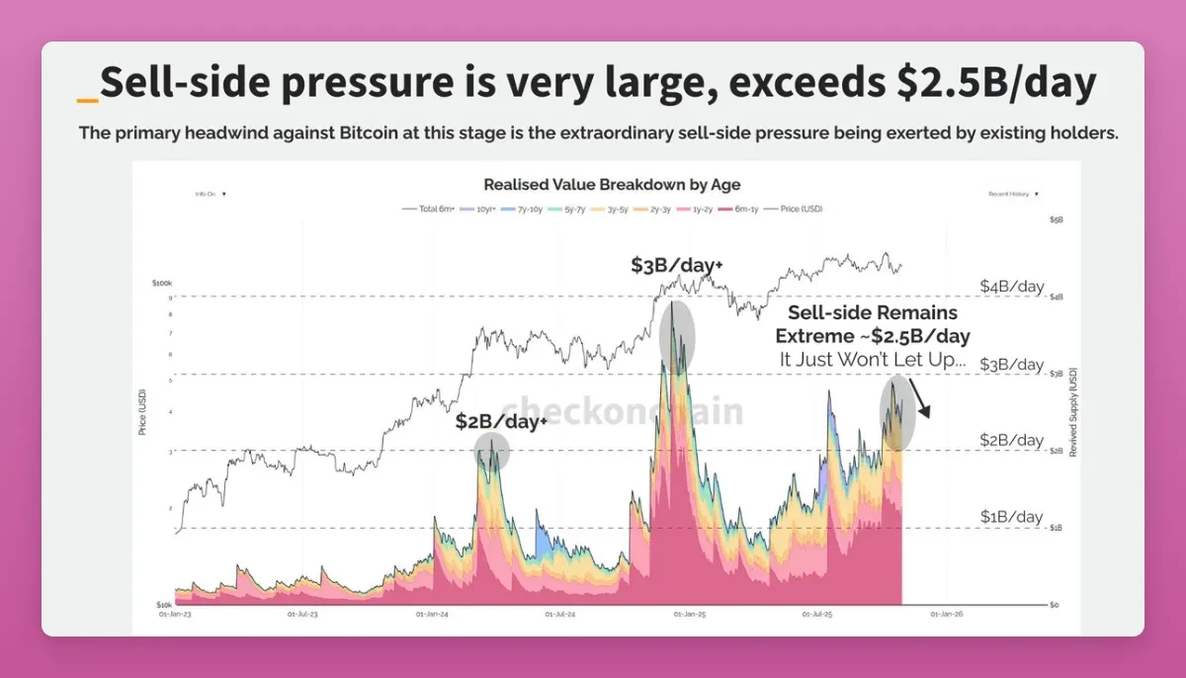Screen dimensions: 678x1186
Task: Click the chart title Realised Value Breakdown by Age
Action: [612, 185]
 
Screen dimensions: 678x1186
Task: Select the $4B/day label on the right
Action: [1011, 287]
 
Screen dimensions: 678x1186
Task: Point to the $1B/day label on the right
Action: [1011, 517]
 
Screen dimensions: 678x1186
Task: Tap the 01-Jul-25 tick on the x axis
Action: [818, 614]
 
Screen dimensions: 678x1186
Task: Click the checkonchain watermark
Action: [622, 410]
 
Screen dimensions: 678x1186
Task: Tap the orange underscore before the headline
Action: [87, 99]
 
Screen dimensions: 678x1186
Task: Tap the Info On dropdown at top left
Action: [211, 195]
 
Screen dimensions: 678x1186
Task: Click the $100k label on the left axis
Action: [162, 283]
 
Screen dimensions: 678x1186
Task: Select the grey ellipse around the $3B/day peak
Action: [677, 337]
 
